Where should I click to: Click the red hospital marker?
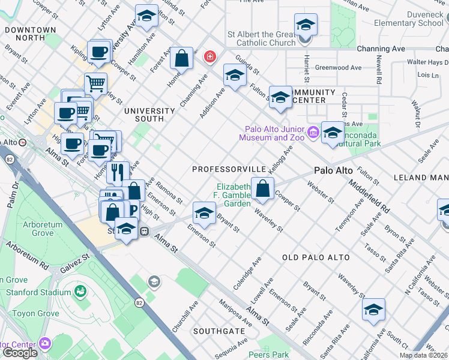pyautogui.click(x=209, y=58)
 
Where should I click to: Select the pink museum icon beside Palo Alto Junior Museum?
pyautogui.click(x=313, y=132)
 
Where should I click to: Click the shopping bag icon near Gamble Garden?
pyautogui.click(x=262, y=189)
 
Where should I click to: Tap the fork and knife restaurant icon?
pyautogui.click(x=118, y=172)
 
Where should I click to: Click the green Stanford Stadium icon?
pyautogui.click(x=80, y=292)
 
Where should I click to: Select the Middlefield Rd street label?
pyautogui.click(x=369, y=198)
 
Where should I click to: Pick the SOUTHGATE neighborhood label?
pyautogui.click(x=219, y=331)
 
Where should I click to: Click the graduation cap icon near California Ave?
pyautogui.click(x=373, y=310)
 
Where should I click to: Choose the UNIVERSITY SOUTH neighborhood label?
pyautogui.click(x=149, y=115)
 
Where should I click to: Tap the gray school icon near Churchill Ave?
pyautogui.click(x=154, y=281)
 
